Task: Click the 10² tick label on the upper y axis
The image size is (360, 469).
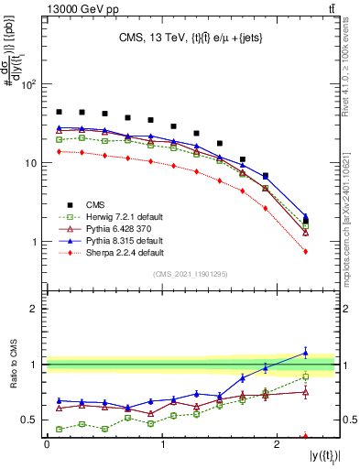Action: [28, 84]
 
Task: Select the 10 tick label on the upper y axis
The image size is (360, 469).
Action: [30, 163]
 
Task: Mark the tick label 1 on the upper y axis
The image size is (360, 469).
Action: [35, 242]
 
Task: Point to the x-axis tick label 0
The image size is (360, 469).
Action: [47, 446]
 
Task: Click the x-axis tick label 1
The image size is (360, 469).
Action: [162, 446]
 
